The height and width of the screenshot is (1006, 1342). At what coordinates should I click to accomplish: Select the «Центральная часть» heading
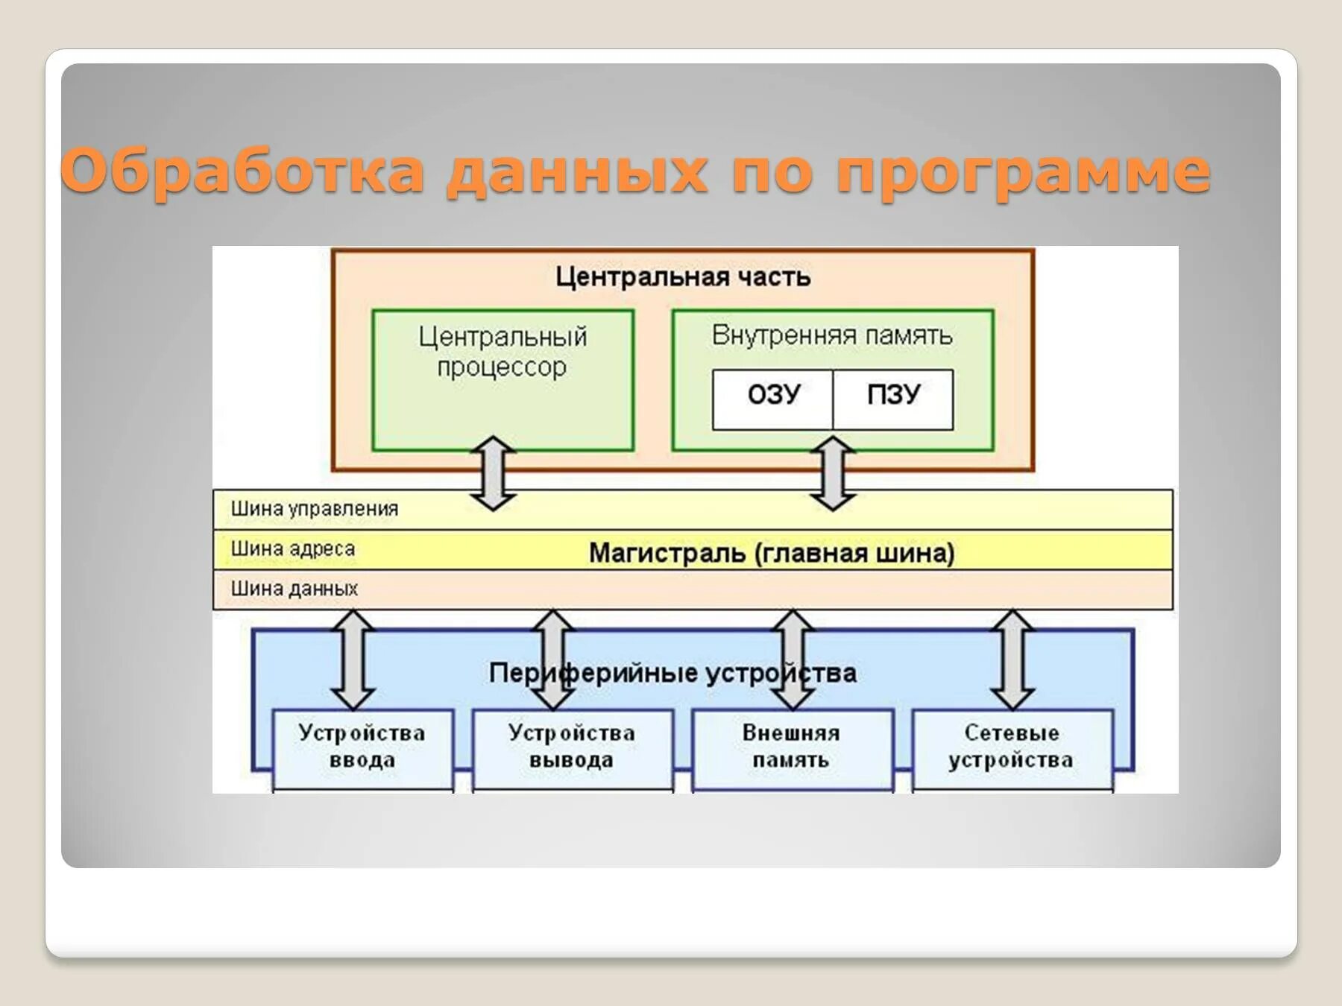(682, 277)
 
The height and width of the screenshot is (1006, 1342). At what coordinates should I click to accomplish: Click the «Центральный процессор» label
(503, 352)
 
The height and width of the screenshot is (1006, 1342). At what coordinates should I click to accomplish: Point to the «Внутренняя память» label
(832, 335)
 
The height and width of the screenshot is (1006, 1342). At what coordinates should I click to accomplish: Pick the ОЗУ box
(773, 395)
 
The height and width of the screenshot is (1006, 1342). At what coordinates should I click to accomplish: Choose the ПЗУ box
(893, 395)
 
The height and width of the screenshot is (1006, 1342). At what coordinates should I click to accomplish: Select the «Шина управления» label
(314, 509)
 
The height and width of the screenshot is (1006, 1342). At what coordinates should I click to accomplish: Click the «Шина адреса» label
(292, 549)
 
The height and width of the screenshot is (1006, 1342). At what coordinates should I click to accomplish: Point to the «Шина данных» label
(294, 589)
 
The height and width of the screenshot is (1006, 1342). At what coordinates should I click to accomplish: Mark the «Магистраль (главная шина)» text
(771, 553)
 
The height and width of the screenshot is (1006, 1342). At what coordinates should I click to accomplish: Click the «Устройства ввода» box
(362, 747)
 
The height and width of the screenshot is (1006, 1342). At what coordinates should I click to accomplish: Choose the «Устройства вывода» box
(572, 747)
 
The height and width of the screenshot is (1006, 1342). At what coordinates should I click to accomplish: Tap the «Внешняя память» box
(791, 747)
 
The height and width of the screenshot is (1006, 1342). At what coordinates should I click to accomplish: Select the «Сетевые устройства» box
(1011, 747)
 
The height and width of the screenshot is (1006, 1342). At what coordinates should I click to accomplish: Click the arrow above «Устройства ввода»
(353, 659)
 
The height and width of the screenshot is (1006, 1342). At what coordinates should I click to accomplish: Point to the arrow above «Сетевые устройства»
(1012, 659)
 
